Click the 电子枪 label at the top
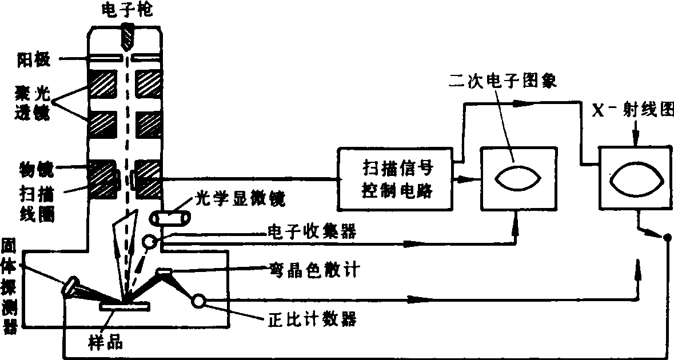pyautogui.click(x=126, y=10)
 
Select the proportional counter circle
pyautogui.click(x=199, y=300)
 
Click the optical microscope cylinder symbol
pyautogui.click(x=167, y=218)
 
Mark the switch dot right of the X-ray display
pyautogui.click(x=667, y=237)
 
